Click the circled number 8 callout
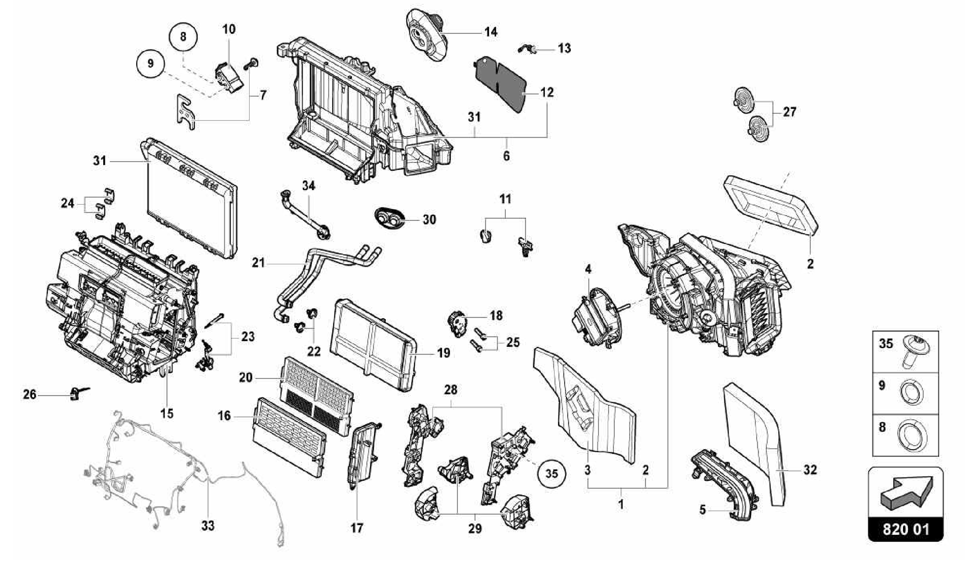pyautogui.click(x=184, y=36)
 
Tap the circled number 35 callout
pyautogui.click(x=552, y=474)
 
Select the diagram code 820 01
pyautogui.click(x=905, y=530)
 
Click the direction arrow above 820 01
pyautogui.click(x=905, y=492)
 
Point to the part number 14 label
pyautogui.click(x=490, y=32)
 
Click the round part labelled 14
pyautogui.click(x=425, y=36)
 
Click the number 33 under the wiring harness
pyautogui.click(x=207, y=526)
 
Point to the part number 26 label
pyautogui.click(x=30, y=395)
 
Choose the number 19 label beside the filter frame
pyautogui.click(x=444, y=353)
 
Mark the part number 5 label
pyautogui.click(x=702, y=510)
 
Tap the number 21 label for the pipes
pyautogui.click(x=258, y=263)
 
